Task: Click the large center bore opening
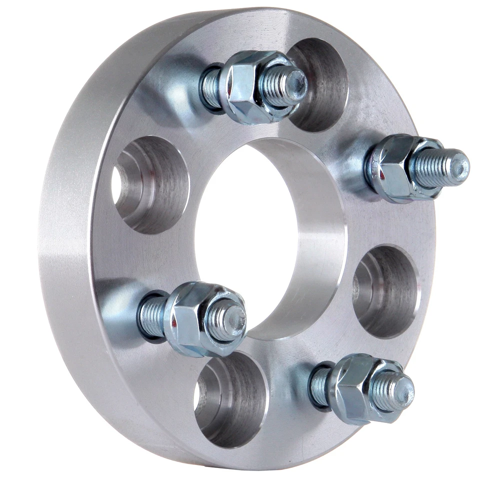(245, 235)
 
